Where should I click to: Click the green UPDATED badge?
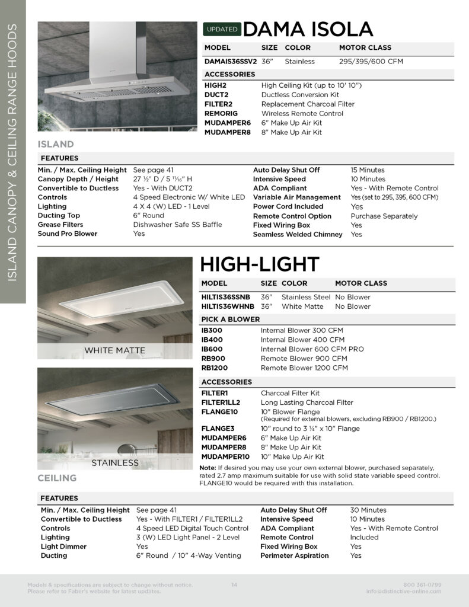coord(222,29)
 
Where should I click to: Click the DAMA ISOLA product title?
coord(308,29)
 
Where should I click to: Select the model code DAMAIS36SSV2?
coord(231,61)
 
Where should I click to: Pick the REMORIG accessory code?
coord(221,113)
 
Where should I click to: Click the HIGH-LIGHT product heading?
coord(260,264)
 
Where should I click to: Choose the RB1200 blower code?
coord(215,368)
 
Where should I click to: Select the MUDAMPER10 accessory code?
coord(225,457)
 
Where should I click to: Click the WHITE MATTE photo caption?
coord(114,350)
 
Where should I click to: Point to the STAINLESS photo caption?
coord(115,462)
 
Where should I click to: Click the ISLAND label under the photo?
coord(56,144)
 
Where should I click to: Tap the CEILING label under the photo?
coord(57,478)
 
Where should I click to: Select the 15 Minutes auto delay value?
coord(368,170)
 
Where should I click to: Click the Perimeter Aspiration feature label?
coord(295,555)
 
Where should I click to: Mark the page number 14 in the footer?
coord(234,585)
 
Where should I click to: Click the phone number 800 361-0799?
coord(422,585)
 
